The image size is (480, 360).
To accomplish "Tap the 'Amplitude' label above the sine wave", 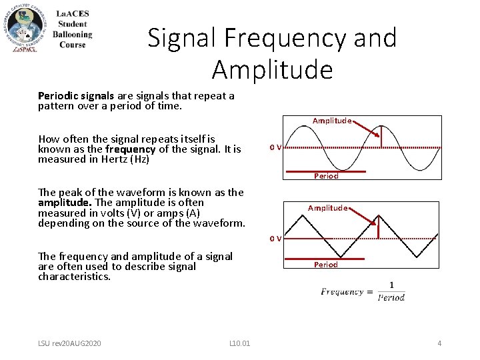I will pos(332,121).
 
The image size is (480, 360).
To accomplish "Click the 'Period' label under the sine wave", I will pos(326,176).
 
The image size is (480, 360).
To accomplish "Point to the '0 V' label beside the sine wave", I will pos(275,147).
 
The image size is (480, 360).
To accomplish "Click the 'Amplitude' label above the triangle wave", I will pos(327,208).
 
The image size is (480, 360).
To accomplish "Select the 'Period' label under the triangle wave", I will pos(326,265).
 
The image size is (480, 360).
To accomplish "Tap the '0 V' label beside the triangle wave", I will pos(275,238).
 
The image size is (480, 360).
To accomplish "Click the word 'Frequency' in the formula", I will pos(342,291).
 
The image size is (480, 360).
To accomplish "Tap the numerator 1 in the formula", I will pos(391,285).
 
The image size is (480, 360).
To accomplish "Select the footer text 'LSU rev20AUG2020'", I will pos(69,343).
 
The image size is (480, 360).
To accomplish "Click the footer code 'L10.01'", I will pos(239,343).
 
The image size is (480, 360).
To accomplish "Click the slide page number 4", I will pos(439,343).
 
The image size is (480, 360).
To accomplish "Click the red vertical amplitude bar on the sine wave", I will pos(381,137).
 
